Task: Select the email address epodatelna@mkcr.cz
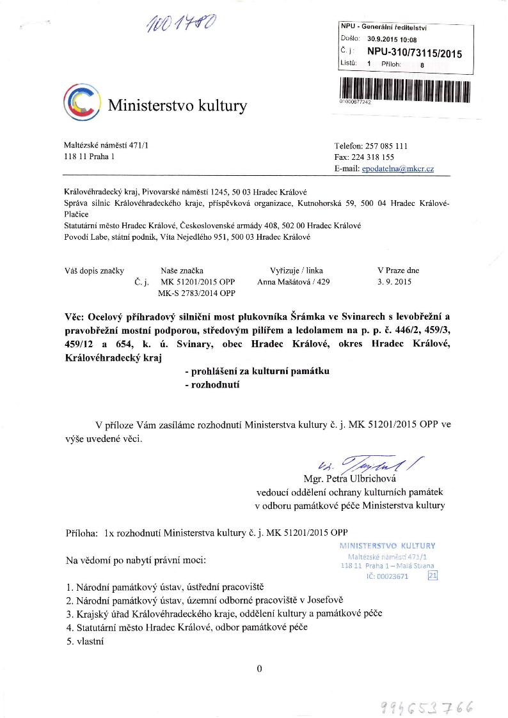pyautogui.click(x=398, y=168)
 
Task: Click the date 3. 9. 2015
pyautogui.click(x=395, y=281)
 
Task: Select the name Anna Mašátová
pyautogui.click(x=280, y=281)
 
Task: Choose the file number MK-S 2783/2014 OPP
pyautogui.click(x=196, y=293)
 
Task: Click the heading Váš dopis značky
pyautogui.click(x=94, y=270)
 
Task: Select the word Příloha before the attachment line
pyautogui.click(x=82, y=531)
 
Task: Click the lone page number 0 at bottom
pyautogui.click(x=259, y=669)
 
